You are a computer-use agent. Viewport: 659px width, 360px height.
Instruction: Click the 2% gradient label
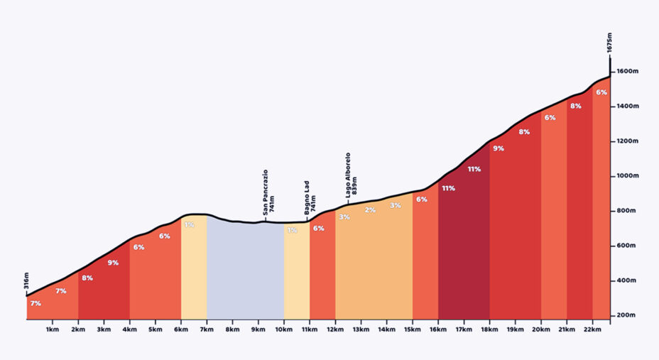[x=370, y=210]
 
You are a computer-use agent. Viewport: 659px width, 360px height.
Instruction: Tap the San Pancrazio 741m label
[x=266, y=192]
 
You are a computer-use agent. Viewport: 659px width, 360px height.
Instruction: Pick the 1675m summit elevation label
[x=610, y=44]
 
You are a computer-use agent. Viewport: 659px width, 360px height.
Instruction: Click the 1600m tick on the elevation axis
[x=628, y=71]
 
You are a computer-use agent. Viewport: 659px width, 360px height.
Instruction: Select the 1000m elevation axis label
[x=628, y=176]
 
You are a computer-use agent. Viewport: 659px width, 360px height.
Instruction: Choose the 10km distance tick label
[x=283, y=330]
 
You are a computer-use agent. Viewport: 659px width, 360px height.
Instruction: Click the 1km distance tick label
[x=52, y=330]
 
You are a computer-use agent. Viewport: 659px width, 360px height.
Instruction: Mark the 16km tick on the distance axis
[x=437, y=330]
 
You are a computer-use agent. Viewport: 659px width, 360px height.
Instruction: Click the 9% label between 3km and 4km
[x=113, y=263]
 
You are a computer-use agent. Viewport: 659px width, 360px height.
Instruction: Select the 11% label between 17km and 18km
[x=474, y=169]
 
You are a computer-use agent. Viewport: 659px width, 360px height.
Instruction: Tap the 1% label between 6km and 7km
[x=190, y=225]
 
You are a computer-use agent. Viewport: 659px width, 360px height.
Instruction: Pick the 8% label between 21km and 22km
[x=576, y=106]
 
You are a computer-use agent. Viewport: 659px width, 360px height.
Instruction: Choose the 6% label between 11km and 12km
[x=319, y=228]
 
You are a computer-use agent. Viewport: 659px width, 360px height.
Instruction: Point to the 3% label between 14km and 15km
[x=396, y=205]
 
